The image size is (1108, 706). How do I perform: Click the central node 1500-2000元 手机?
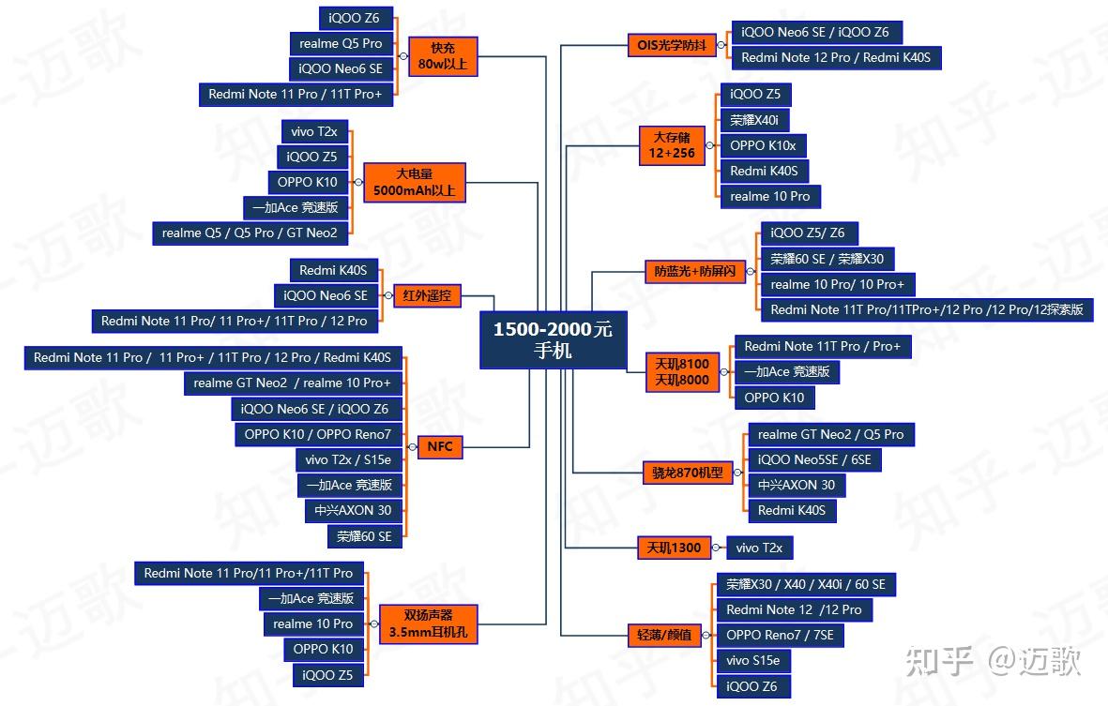click(553, 340)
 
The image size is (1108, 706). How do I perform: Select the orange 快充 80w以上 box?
click(443, 55)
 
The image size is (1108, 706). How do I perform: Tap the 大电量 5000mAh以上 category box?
click(414, 182)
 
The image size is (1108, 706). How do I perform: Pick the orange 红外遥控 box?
click(426, 296)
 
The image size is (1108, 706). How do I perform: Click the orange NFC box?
click(439, 446)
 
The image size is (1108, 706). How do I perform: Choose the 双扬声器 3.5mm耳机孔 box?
click(428, 623)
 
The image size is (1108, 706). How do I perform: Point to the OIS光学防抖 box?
click(671, 44)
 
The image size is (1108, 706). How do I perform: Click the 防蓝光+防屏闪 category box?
click(695, 272)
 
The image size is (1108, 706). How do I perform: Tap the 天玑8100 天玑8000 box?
click(683, 371)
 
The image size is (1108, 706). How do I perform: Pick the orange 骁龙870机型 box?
click(688, 473)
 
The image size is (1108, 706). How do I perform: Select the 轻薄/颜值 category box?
click(664, 635)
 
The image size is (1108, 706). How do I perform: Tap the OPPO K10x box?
click(763, 145)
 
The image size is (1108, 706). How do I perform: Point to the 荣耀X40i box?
click(754, 120)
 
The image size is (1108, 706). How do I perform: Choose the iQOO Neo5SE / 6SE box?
click(814, 459)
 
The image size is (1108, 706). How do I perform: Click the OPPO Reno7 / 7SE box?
click(780, 635)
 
